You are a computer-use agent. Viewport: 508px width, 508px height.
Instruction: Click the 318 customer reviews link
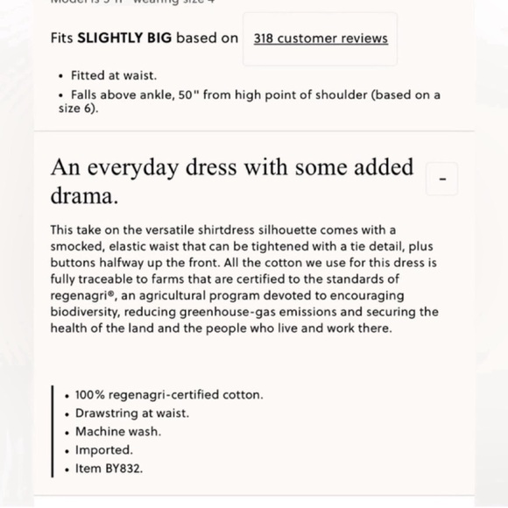point(321,39)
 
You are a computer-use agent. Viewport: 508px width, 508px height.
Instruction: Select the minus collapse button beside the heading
point(441,180)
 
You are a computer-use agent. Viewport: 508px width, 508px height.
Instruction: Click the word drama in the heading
point(84,196)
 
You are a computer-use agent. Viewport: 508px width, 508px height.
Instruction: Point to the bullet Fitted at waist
point(114,76)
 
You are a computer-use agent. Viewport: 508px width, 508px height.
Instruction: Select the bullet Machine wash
point(118,432)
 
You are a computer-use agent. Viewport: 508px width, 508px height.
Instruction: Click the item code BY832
point(124,469)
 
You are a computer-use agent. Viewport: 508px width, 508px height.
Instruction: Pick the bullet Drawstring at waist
point(131,413)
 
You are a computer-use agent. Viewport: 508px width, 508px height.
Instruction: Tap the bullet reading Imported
point(104,450)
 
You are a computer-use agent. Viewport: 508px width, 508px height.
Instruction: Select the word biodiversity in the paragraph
point(86,313)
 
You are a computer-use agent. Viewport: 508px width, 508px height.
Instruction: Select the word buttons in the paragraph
point(74,263)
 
